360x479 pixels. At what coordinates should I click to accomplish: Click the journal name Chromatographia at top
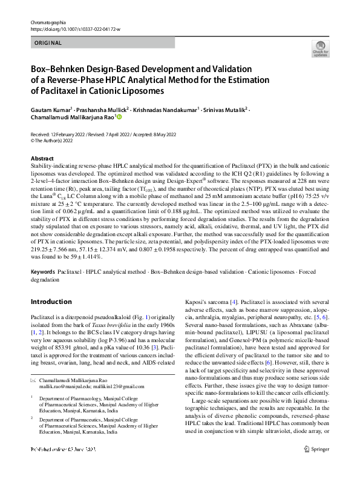[47, 22]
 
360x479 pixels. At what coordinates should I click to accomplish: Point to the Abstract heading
[42, 158]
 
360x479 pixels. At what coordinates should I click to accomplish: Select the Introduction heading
[51, 302]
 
